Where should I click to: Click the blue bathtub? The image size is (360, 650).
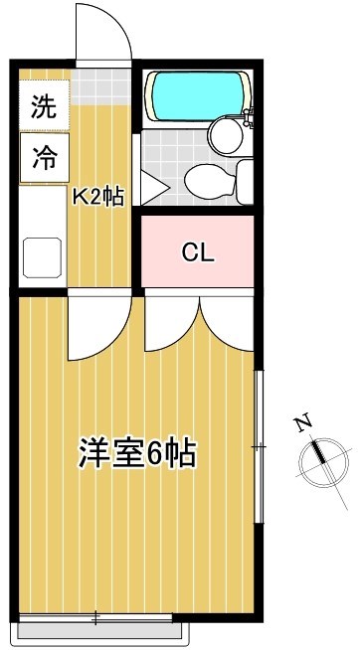196,96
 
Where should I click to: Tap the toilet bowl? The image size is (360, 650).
206,181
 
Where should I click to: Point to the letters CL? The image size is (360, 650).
197,251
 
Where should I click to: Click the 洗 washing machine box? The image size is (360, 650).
43,104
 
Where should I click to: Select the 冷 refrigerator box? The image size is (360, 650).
43,159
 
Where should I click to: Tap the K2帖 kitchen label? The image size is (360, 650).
96,196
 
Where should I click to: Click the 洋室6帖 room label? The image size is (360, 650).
136,454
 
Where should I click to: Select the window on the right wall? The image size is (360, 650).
260,447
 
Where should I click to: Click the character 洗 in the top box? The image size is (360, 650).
43,104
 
